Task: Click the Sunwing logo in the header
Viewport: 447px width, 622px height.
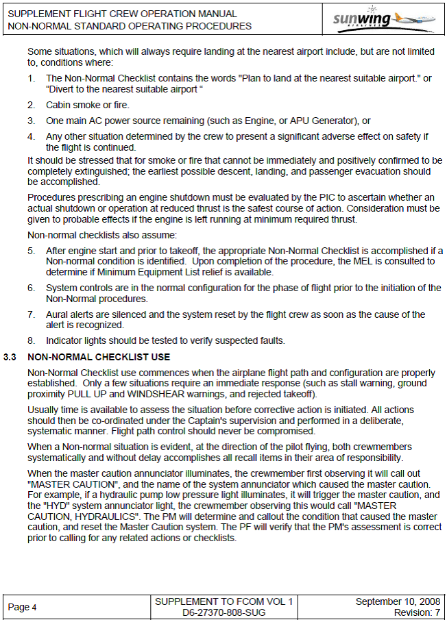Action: point(385,18)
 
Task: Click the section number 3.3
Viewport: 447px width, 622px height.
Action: point(10,357)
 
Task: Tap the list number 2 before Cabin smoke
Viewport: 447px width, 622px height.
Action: point(32,105)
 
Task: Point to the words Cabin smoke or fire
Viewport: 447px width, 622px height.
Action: point(87,105)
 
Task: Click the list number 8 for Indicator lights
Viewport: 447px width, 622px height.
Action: point(32,340)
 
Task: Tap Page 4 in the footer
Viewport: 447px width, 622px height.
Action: point(22,607)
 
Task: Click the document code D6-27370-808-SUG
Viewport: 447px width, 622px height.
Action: point(223,612)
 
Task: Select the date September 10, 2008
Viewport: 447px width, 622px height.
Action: point(398,601)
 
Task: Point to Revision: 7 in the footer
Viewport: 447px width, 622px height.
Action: point(417,612)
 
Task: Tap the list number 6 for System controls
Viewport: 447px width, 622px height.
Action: point(32,288)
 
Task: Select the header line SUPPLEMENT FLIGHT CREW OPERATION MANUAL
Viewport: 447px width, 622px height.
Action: point(123,14)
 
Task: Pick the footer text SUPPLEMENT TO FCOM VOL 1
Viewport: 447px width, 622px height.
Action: point(223,601)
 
